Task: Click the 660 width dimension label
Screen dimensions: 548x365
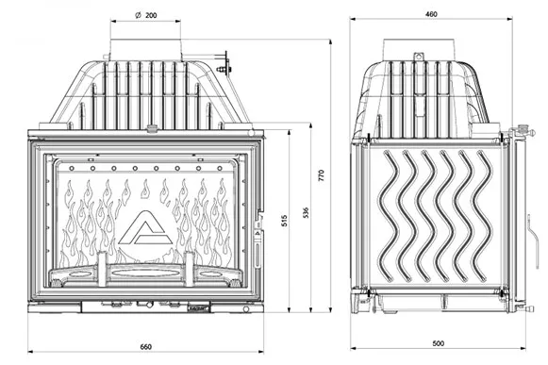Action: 146,347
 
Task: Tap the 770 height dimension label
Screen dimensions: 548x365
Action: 322,175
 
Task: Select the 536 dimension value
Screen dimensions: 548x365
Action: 306,212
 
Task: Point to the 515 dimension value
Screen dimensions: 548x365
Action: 284,221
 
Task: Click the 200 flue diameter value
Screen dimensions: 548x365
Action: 151,15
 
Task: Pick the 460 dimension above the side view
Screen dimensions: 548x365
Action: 431,14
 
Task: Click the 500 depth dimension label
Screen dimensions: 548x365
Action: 438,343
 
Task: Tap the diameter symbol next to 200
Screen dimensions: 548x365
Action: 138,15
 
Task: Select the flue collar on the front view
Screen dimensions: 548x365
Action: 146,50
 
